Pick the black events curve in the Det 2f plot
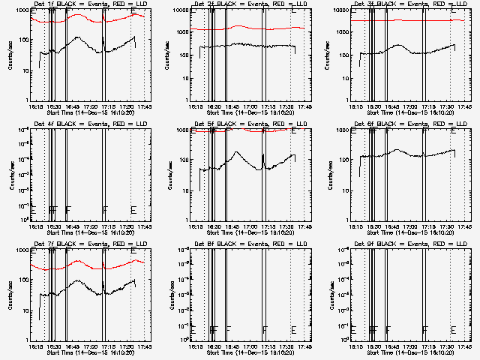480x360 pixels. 247,46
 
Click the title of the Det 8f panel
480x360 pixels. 247,244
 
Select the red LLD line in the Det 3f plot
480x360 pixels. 405,20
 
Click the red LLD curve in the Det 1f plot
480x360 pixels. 90,19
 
